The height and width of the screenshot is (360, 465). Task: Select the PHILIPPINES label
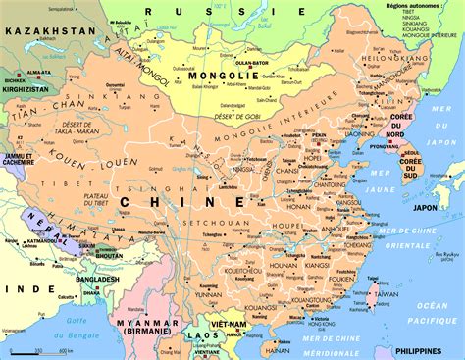click(432, 349)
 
